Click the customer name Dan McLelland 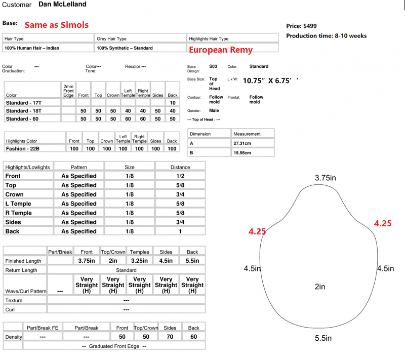point(62,5)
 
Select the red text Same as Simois point(57,25)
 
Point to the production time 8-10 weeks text point(327,36)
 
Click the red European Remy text point(221,50)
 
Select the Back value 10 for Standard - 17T point(172,103)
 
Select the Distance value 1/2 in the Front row point(180,176)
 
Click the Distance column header point(180,167)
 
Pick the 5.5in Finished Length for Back point(192,261)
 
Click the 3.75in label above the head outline point(326,178)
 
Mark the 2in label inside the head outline point(319,287)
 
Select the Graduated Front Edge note point(114,346)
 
